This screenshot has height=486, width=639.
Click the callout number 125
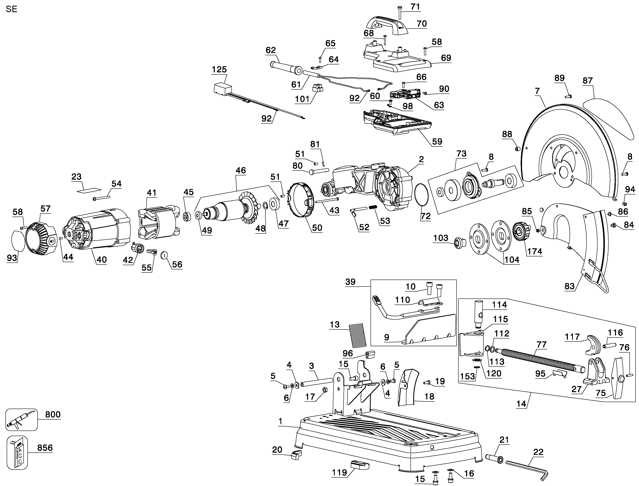pos(219,69)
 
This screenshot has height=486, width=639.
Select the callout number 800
pos(53,414)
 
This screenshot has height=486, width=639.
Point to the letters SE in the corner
pos(12,9)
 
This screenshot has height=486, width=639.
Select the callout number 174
pos(534,251)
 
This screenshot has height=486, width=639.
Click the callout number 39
pos(350,282)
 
